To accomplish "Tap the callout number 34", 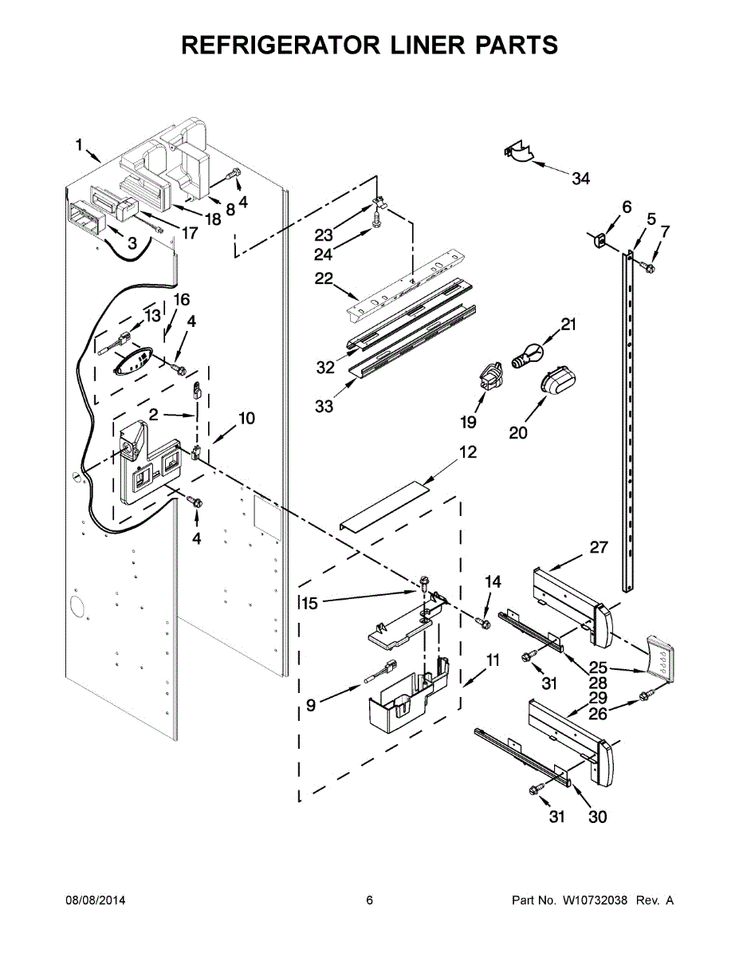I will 580,179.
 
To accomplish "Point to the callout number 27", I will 598,547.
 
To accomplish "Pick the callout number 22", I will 325,278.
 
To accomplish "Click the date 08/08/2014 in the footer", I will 95,900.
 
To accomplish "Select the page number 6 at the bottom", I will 369,900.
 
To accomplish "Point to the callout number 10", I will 246,418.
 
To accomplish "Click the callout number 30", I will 597,817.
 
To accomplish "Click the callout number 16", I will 181,299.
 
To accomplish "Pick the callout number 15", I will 310,604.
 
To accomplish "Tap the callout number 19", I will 468,422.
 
